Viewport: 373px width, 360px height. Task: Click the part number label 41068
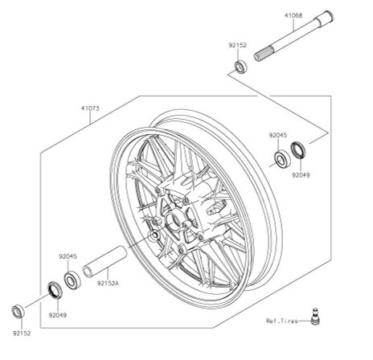coord(293,16)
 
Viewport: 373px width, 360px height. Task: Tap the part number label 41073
coord(90,108)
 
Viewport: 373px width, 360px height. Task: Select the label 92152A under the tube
coord(108,283)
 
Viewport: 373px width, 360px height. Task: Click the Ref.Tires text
coord(282,321)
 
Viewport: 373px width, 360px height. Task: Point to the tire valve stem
coord(315,317)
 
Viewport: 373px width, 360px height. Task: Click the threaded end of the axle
coord(264,54)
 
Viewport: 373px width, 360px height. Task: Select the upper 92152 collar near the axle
coord(240,67)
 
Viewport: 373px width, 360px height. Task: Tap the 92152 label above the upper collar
coord(237,45)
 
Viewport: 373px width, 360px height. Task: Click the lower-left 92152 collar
coord(18,312)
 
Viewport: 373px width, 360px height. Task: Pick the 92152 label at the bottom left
coord(22,333)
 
